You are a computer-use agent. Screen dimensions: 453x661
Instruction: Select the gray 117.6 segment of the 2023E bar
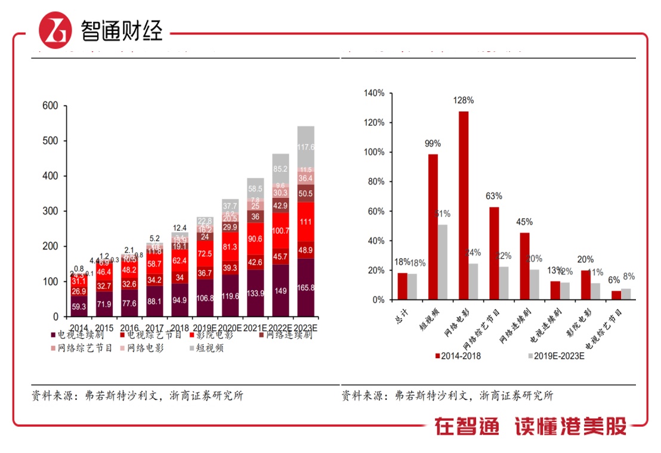(x=305, y=147)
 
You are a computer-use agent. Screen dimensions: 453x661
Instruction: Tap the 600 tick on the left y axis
(x=50, y=106)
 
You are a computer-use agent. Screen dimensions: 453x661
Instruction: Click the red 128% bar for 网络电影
(x=464, y=205)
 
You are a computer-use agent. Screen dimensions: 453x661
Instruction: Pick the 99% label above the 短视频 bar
(x=433, y=144)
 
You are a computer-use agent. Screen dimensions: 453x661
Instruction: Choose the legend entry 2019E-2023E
(x=555, y=356)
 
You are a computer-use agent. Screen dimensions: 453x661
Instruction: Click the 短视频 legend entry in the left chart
(x=206, y=348)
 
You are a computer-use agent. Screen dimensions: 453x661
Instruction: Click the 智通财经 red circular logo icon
(x=55, y=29)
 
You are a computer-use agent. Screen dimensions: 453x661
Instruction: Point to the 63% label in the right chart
(x=494, y=196)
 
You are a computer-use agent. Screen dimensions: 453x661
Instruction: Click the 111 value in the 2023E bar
(x=305, y=222)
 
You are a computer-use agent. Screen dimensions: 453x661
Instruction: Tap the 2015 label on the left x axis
(x=105, y=328)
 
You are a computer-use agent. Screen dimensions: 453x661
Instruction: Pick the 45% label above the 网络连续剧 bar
(x=524, y=222)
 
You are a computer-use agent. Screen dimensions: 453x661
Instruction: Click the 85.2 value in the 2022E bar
(x=280, y=169)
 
